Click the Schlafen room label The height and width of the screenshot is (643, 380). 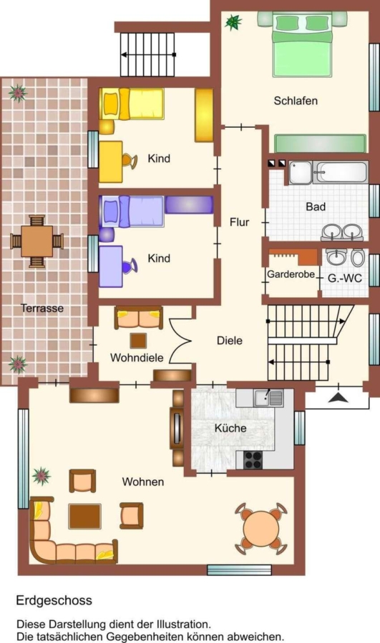[296, 101]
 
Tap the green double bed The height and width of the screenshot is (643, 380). [302, 44]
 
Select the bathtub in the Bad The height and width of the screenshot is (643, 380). [341, 172]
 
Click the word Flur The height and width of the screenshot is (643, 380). [239, 222]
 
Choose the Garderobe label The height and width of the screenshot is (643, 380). [291, 274]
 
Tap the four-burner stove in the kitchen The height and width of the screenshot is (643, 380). [253, 459]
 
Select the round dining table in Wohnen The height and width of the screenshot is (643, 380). [261, 529]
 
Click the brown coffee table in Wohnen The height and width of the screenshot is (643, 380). [84, 516]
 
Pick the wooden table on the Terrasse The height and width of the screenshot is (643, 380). [37, 241]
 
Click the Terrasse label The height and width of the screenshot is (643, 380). [42, 308]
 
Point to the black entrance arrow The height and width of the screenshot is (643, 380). [338, 397]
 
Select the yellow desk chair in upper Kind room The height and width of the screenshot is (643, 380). [131, 160]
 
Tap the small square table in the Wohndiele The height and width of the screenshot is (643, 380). [138, 340]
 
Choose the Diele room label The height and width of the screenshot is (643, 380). [229, 340]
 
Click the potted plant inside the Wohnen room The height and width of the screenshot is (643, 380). [42, 476]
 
